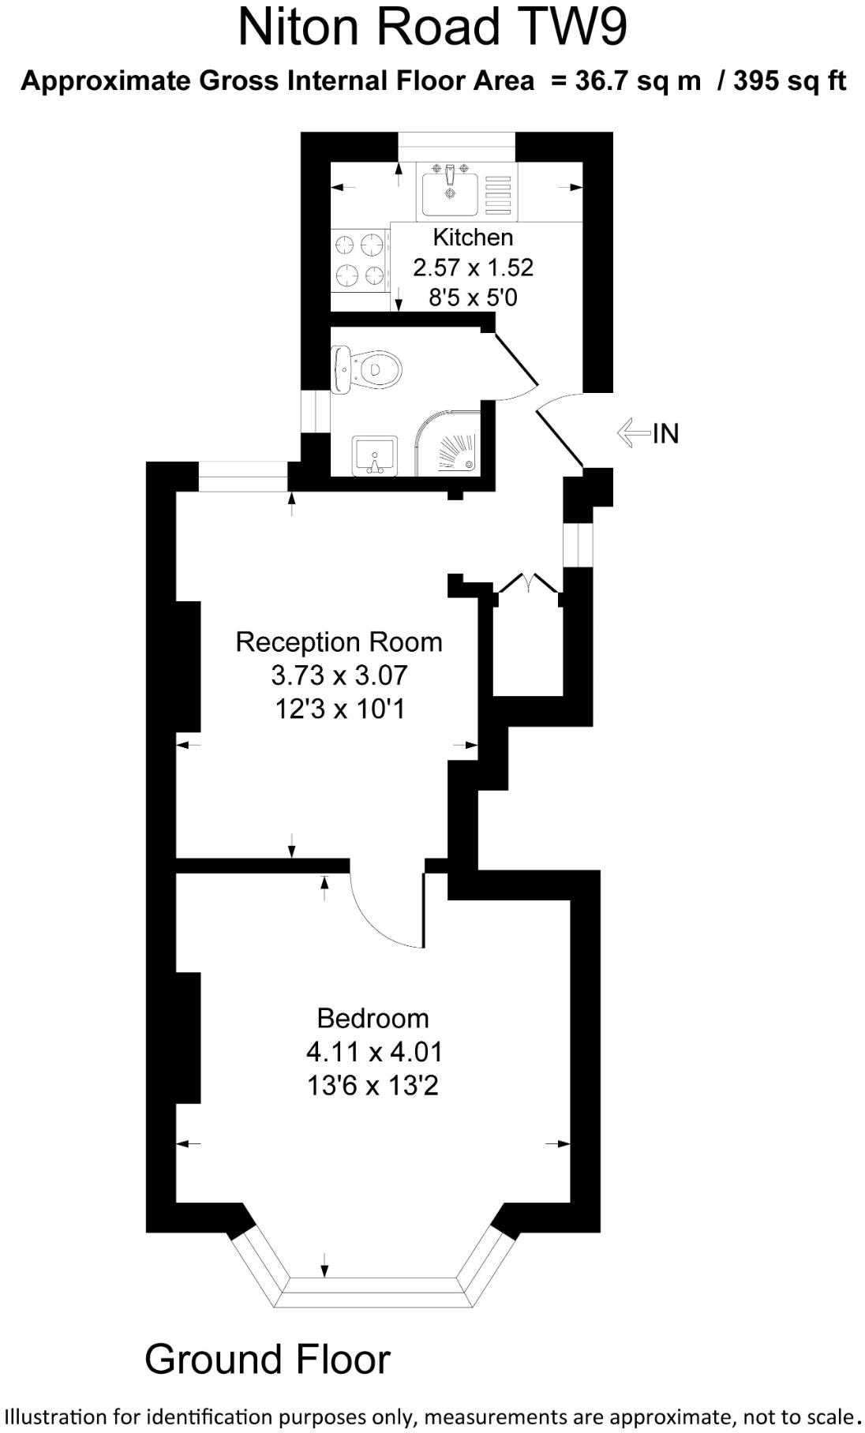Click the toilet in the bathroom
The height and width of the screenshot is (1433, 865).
[366, 369]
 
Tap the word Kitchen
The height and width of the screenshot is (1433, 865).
[473, 237]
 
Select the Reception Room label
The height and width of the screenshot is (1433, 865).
[339, 642]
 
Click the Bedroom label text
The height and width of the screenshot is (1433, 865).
[373, 1018]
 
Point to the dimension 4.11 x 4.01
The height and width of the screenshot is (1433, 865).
[374, 1052]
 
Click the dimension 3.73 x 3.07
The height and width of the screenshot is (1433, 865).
[339, 675]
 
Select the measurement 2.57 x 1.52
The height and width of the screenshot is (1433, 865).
[474, 268]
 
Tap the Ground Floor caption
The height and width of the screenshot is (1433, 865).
[268, 1359]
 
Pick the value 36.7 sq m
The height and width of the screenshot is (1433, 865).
[638, 80]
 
